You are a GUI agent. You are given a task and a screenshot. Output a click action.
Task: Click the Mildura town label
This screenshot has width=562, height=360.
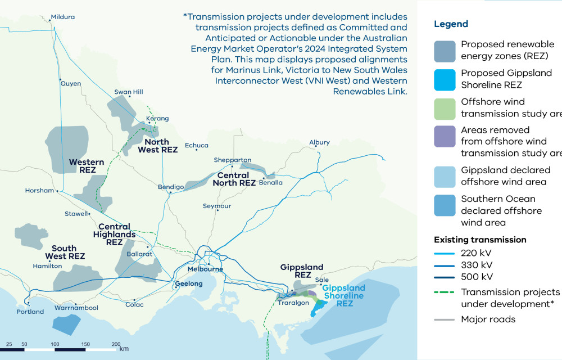click(x=62, y=17)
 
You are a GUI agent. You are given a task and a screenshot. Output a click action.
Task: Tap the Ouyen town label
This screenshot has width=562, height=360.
click(x=70, y=83)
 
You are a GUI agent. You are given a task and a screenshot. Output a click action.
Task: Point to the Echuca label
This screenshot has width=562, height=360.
click(x=197, y=145)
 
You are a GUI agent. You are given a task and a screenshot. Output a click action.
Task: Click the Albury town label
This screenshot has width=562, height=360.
click(x=319, y=142)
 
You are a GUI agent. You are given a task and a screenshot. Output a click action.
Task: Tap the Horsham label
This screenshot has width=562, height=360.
click(x=39, y=191)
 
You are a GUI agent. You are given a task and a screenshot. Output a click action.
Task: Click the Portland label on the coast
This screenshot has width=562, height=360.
click(x=30, y=312)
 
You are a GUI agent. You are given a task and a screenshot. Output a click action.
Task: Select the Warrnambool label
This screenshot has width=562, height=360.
click(x=76, y=308)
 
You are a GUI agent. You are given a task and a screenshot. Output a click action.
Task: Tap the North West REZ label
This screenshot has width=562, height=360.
click(x=157, y=146)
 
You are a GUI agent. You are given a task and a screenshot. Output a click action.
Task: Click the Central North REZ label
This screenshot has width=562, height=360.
click(x=236, y=179)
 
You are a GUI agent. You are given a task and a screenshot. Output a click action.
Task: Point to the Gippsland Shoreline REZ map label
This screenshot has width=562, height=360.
click(x=343, y=295)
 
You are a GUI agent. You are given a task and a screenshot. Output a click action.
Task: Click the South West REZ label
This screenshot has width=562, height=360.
click(x=65, y=252)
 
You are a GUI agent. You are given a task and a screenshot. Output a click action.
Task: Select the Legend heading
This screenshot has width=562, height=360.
click(x=451, y=24)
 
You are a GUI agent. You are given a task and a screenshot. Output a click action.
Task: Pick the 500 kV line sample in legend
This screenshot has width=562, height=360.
click(x=445, y=277)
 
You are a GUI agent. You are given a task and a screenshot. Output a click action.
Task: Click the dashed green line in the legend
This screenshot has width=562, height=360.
click(x=445, y=292)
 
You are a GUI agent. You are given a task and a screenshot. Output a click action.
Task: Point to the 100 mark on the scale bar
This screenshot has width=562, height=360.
click(x=55, y=343)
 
